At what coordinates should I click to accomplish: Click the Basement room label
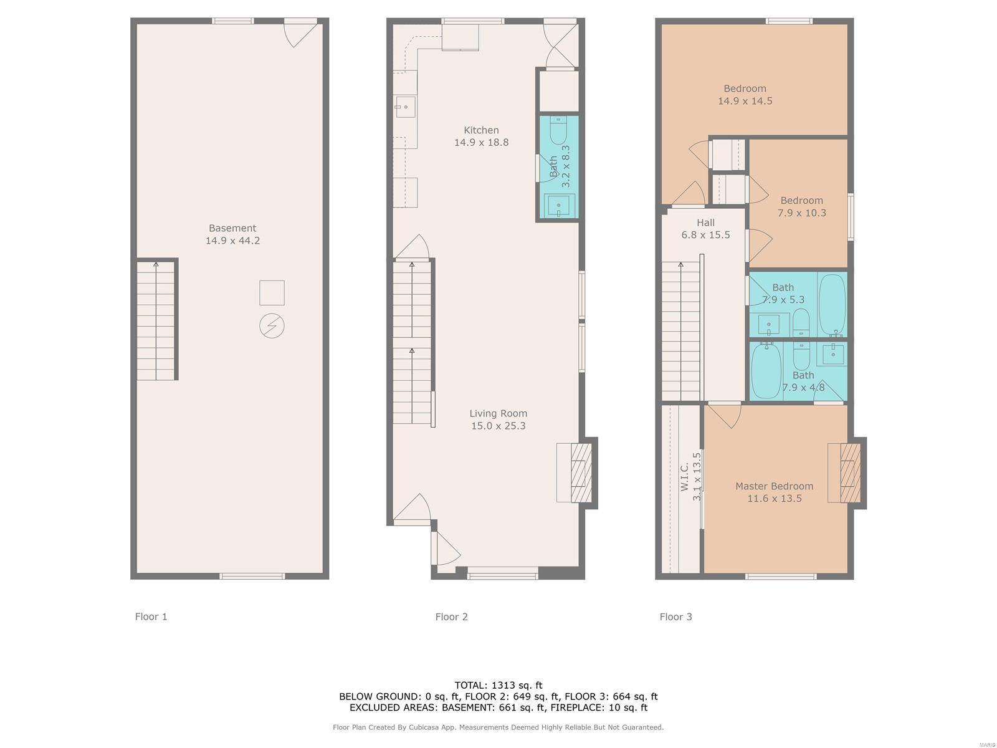232,234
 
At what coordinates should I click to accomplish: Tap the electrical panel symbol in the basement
272,325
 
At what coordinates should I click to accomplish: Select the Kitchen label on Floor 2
481,136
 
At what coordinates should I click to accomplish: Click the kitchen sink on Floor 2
405,107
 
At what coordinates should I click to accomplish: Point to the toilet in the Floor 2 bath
559,130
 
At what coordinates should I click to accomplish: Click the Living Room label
499,419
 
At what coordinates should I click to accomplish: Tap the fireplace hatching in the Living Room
581,472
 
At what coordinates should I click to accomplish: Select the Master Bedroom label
775,492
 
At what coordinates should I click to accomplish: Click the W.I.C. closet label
690,476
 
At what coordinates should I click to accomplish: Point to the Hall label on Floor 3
705,228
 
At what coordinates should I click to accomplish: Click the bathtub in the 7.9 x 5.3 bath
832,304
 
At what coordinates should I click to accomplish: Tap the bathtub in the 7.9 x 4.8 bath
766,371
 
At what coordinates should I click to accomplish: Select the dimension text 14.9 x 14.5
745,101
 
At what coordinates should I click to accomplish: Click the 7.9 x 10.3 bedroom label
802,207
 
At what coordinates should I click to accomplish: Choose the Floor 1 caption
151,616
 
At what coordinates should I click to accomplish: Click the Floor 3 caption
676,616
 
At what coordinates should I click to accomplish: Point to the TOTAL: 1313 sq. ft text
499,685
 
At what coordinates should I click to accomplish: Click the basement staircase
156,320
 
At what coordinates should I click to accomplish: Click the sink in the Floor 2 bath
559,207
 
